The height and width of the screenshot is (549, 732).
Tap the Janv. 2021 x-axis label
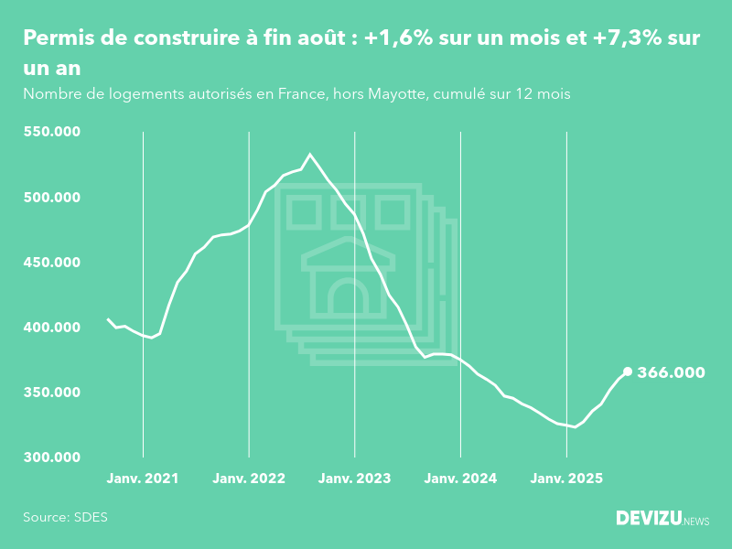tap(143, 478)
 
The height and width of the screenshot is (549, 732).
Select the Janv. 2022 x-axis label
tap(249, 478)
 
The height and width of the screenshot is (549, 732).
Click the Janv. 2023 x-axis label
tap(355, 478)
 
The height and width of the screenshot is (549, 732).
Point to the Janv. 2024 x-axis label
tap(461, 478)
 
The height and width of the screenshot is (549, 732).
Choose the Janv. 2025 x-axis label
tap(567, 478)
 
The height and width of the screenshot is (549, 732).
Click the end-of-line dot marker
tap(628, 371)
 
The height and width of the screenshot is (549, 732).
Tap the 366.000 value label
tap(671, 372)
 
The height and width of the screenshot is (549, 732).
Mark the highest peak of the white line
tap(310, 155)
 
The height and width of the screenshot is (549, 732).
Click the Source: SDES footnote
tap(65, 517)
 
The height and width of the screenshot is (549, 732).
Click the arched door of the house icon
tap(348, 297)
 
